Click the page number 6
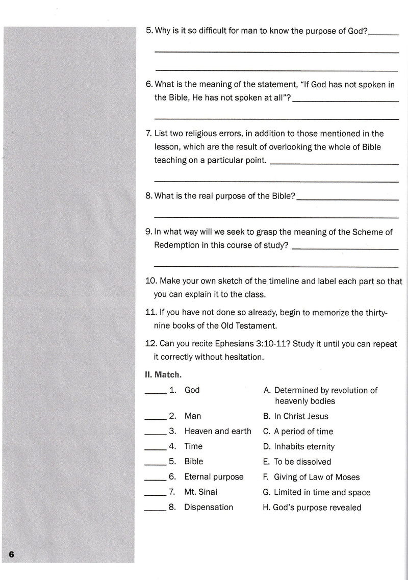tap(12, 554)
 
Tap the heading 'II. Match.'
tap(161, 375)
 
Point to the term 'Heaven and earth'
tap(218, 431)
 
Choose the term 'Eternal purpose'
tap(214, 477)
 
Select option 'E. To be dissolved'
tap(297, 462)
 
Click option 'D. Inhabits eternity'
tap(299, 446)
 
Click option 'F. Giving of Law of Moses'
tap(311, 477)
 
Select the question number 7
tap(148, 134)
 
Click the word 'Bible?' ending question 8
tap(282, 196)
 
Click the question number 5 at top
tap(148, 31)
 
